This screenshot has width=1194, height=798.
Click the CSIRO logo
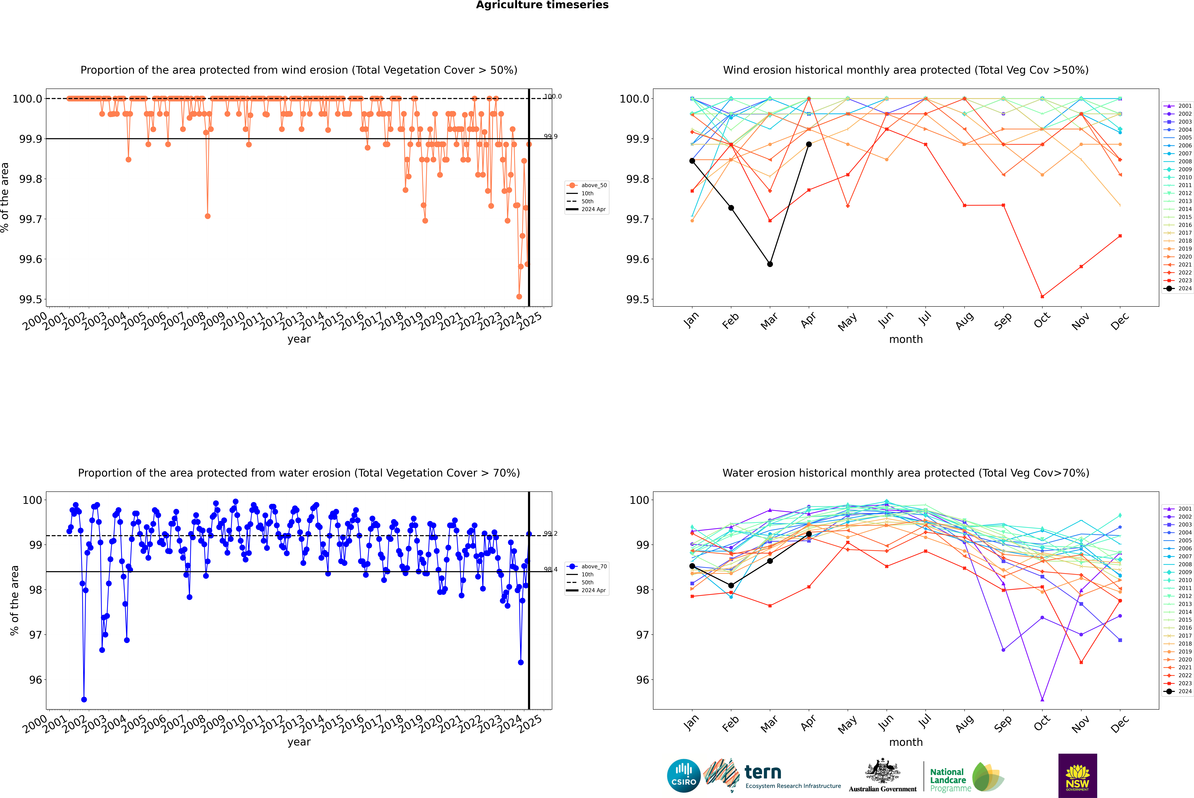point(684,776)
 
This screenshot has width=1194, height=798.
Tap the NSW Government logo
point(1077,776)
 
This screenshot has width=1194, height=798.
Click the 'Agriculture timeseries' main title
point(542,5)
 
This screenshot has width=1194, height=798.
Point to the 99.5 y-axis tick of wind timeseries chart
point(31,299)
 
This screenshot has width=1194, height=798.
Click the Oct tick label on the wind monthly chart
point(1042,321)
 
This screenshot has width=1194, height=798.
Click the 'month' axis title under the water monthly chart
point(906,742)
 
